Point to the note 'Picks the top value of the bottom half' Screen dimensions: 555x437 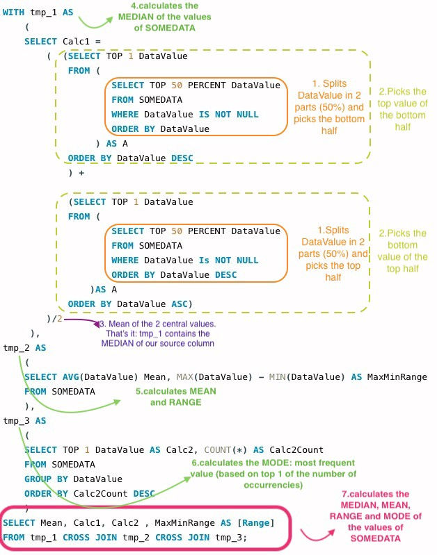[x=403, y=109]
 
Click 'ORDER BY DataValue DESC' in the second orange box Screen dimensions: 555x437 [x=174, y=274]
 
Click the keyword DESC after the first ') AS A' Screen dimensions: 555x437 [x=182, y=158]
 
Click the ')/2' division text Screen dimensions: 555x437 [x=54, y=319]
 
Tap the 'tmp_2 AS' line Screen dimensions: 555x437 [x=24, y=347]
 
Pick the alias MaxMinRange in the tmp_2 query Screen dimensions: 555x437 [x=397, y=376]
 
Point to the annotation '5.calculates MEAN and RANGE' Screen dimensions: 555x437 [x=175, y=397]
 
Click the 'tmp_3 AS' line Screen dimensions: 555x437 [x=24, y=420]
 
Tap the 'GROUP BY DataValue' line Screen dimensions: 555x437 [x=73, y=479]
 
